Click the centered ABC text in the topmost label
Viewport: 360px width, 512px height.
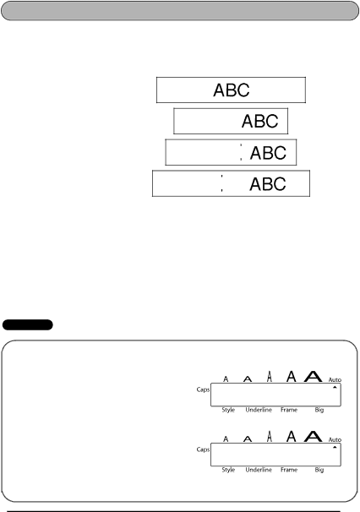click(232, 90)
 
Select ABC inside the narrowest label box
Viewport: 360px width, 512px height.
click(259, 121)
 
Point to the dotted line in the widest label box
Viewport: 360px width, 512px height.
click(221, 183)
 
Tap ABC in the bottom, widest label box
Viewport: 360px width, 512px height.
click(268, 184)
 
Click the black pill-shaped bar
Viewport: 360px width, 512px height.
click(27, 324)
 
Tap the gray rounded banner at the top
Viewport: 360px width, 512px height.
click(180, 11)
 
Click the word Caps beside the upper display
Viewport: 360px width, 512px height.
click(203, 389)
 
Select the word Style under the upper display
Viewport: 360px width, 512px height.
click(228, 410)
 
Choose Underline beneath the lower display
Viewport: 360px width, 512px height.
click(259, 470)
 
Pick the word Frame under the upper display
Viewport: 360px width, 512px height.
click(289, 410)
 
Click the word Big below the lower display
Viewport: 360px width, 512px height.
click(319, 470)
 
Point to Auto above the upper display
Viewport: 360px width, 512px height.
click(335, 379)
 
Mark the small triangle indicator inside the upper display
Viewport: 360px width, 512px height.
click(335, 387)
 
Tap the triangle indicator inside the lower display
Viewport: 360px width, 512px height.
click(335, 447)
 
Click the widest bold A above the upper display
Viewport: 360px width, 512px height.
click(314, 377)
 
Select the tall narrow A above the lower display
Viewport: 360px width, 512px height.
click(270, 436)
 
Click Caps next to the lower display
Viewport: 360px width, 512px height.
click(203, 449)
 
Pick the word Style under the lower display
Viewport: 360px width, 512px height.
click(228, 470)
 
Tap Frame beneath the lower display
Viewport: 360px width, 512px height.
click(289, 470)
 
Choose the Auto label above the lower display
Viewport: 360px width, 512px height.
click(335, 440)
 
